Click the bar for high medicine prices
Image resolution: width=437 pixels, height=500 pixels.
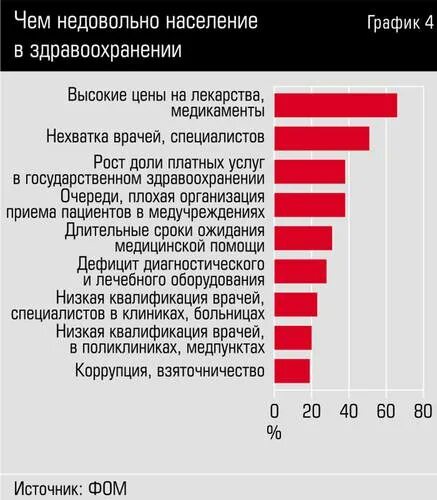[x=335, y=105]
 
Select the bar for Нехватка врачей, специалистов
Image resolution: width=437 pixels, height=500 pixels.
[x=321, y=138]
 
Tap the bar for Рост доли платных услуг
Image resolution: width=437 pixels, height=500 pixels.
[x=309, y=172]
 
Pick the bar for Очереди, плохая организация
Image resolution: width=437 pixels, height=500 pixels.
[x=309, y=205]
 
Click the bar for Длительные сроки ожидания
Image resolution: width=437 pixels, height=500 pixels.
[x=302, y=238]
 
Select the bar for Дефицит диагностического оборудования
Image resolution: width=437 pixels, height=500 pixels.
[x=300, y=271]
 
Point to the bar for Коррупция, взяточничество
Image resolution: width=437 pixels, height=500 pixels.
[x=292, y=371]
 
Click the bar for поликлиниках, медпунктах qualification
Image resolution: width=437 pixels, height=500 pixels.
[x=293, y=338]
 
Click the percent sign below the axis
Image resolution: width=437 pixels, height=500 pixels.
[x=275, y=432]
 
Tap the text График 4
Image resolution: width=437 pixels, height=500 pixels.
[x=394, y=22]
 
